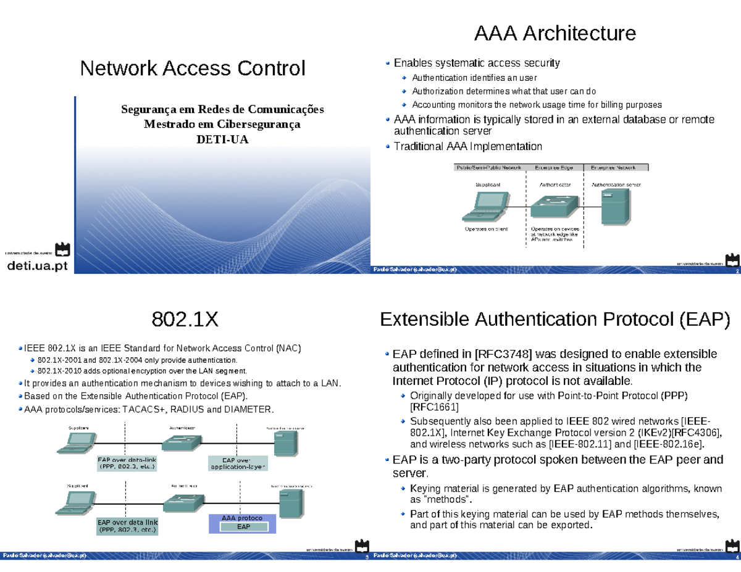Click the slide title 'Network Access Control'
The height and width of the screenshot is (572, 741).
[x=193, y=68]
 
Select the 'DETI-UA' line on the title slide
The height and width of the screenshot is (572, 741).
[x=222, y=139]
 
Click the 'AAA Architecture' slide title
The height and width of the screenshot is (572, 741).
[x=555, y=33]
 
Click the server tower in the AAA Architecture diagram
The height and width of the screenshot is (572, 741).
[x=615, y=205]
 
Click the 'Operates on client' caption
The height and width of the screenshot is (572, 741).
[x=486, y=229]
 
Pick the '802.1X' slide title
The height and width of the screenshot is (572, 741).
[x=185, y=320]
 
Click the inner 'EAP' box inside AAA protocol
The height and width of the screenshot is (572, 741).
[x=244, y=527]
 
